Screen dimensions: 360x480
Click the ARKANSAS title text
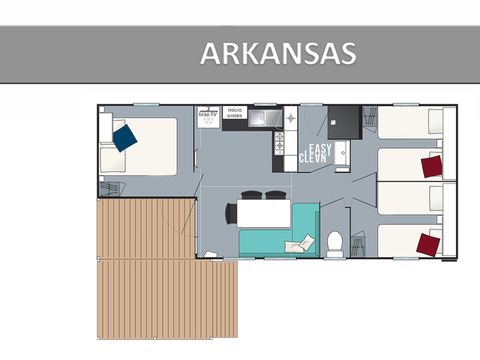(x=278, y=53)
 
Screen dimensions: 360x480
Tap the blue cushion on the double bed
(x=124, y=137)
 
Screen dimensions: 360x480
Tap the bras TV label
(x=209, y=114)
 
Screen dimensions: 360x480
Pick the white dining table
(x=264, y=214)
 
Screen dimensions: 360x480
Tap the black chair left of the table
(x=231, y=214)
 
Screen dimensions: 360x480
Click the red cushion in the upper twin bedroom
(x=432, y=165)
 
